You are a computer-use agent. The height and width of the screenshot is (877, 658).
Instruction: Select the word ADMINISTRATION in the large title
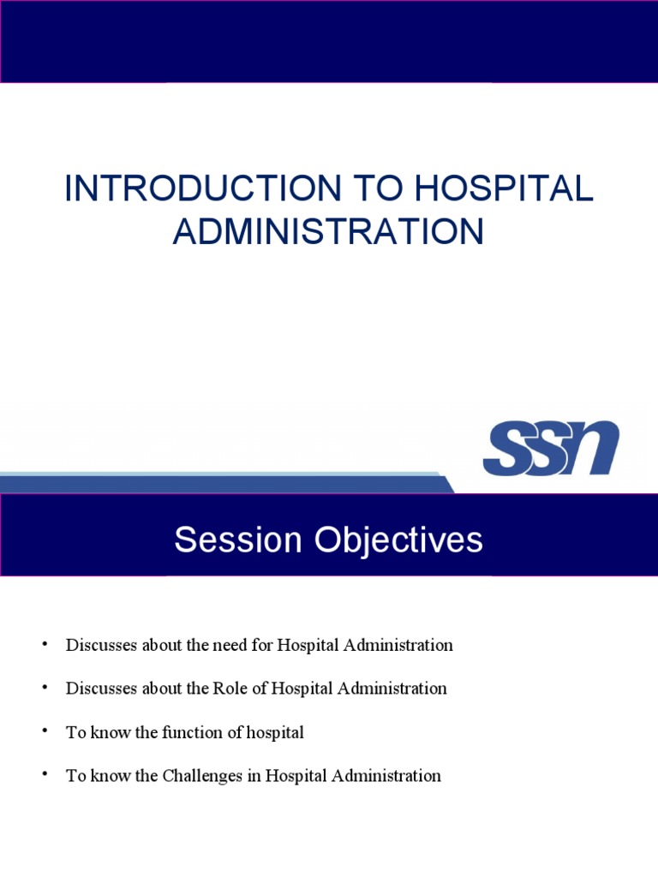point(328,232)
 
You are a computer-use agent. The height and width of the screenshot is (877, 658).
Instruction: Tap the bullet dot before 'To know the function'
point(44,731)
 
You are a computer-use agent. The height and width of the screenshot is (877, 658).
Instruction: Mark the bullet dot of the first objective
point(44,644)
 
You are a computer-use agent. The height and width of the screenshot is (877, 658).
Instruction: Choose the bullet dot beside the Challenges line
point(44,775)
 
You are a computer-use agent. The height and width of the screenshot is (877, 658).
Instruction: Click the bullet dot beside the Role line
point(44,688)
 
